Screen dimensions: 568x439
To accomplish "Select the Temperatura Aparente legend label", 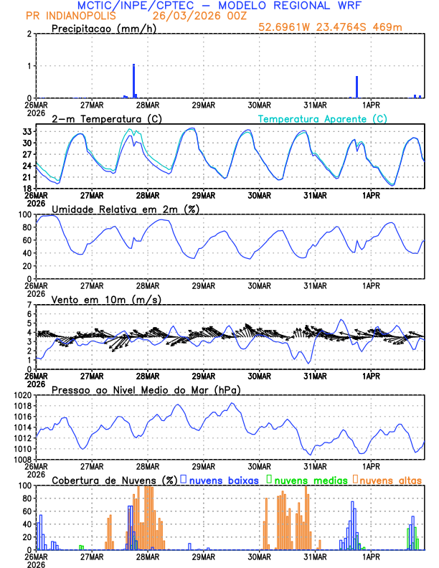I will click(x=323, y=118).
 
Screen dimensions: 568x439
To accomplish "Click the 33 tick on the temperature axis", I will click(x=25, y=132).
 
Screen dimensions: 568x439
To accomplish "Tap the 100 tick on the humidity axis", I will click(x=22, y=214).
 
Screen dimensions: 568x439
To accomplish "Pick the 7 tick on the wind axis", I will click(x=28, y=306).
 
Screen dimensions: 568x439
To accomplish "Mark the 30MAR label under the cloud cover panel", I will click(x=259, y=556).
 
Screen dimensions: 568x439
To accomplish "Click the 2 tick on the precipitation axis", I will click(x=28, y=34).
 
